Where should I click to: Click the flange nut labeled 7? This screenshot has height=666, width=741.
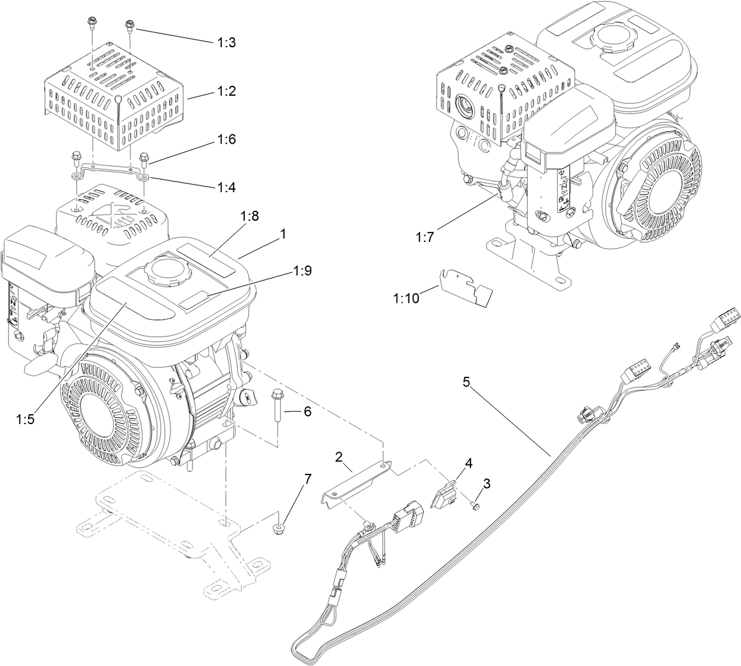click(x=280, y=529)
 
